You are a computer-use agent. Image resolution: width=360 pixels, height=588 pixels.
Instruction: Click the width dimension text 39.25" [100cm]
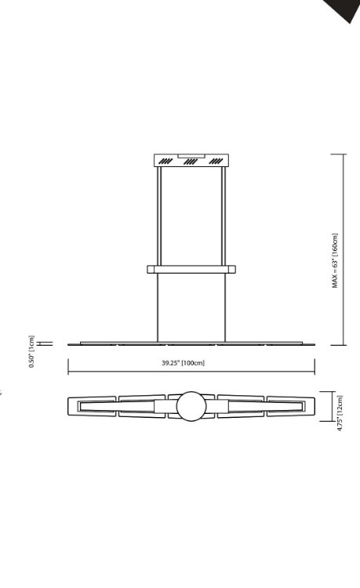[183, 363]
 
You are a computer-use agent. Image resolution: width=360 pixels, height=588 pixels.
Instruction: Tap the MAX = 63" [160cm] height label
[335, 261]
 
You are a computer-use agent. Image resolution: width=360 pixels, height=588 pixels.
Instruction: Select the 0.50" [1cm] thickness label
[32, 351]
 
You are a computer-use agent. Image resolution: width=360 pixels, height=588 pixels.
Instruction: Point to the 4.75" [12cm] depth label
[340, 412]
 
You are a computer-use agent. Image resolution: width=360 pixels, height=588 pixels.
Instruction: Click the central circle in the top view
[191, 406]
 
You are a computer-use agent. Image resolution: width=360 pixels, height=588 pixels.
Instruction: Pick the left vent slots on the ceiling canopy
[165, 162]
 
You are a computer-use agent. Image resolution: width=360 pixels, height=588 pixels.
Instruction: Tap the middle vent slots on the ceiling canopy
[191, 162]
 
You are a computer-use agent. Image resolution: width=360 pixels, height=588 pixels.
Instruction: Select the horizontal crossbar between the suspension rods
[191, 269]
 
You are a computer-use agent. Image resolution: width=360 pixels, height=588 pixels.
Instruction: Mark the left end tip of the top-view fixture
[70, 406]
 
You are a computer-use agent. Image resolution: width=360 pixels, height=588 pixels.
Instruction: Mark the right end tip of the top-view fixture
[314, 406]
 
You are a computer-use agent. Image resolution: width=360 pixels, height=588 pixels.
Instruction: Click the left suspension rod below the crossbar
[158, 306]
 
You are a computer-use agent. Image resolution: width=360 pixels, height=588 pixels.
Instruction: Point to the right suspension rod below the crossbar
[226, 306]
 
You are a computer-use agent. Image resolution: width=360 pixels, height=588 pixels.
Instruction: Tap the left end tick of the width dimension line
[68, 366]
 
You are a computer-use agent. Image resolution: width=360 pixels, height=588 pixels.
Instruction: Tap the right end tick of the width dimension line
[315, 366]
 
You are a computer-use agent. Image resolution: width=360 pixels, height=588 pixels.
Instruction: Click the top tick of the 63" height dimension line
[338, 154]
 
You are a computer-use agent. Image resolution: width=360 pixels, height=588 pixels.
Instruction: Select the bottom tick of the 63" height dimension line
[338, 344]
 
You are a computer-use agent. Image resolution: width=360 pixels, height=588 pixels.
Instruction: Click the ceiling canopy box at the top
[191, 161]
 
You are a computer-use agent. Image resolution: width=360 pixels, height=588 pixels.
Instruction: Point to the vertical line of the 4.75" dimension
[333, 406]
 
